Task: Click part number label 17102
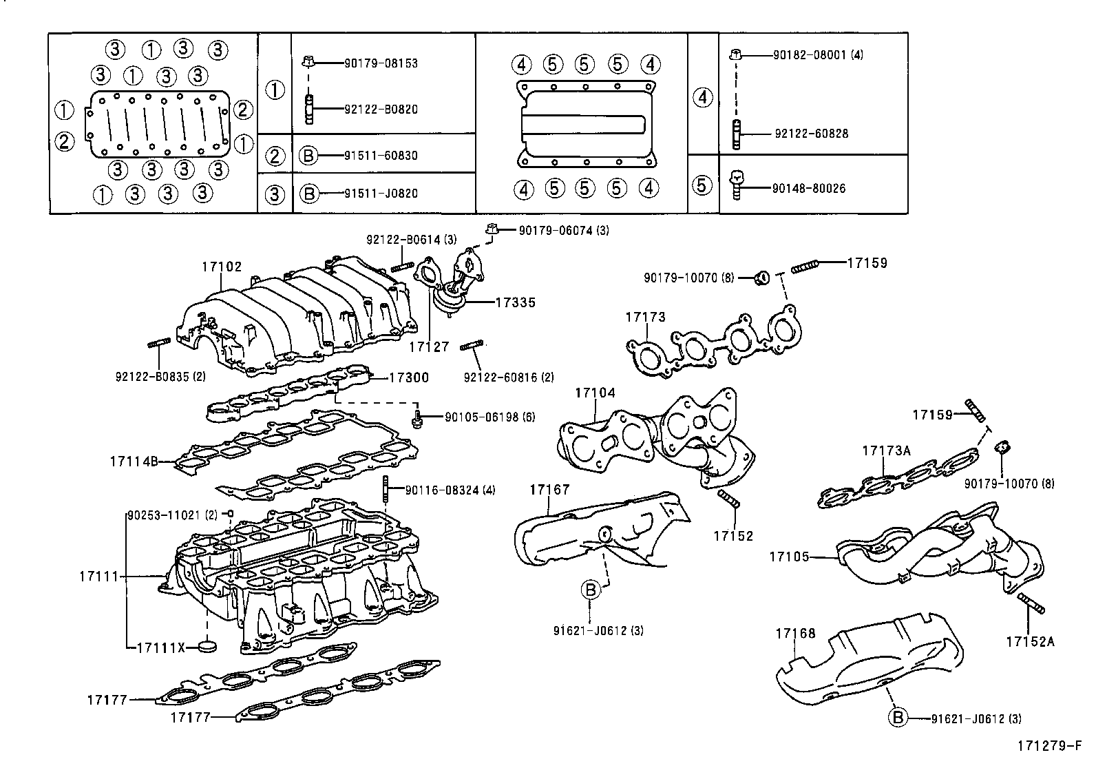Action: tap(222, 267)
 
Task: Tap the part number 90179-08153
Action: tap(381, 63)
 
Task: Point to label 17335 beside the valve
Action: tap(514, 302)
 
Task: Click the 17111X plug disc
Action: tap(206, 647)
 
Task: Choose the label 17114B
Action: tap(134, 461)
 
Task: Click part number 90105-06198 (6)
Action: tap(489, 417)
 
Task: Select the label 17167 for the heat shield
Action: tap(549, 490)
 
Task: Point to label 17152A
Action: tap(1029, 641)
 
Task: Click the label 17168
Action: tap(795, 633)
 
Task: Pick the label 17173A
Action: tap(886, 451)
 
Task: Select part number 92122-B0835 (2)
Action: tap(160, 376)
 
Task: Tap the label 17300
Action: tap(409, 377)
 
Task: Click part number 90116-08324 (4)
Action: tap(450, 490)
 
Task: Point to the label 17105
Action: tap(790, 556)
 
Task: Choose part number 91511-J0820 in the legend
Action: tap(381, 194)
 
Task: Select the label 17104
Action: tap(595, 393)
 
